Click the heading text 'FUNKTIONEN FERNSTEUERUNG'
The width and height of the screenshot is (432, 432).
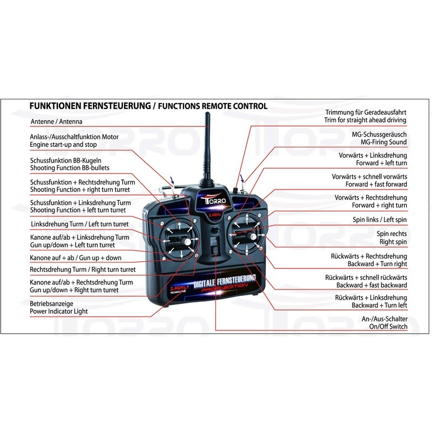point(90,106)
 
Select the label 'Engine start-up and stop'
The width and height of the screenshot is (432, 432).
point(64,145)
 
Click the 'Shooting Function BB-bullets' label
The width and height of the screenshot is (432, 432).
point(70,168)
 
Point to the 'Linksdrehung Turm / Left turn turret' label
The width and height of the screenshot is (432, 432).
point(79,224)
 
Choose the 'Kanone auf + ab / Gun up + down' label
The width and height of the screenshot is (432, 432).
point(76,258)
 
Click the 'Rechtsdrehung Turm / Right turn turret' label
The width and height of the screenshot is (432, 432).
point(83,269)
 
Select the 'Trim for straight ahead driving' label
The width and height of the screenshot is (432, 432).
point(366,120)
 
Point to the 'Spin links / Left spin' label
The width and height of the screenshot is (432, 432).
point(380,220)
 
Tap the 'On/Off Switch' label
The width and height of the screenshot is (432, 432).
point(388,327)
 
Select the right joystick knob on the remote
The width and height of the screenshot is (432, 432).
point(252,238)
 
